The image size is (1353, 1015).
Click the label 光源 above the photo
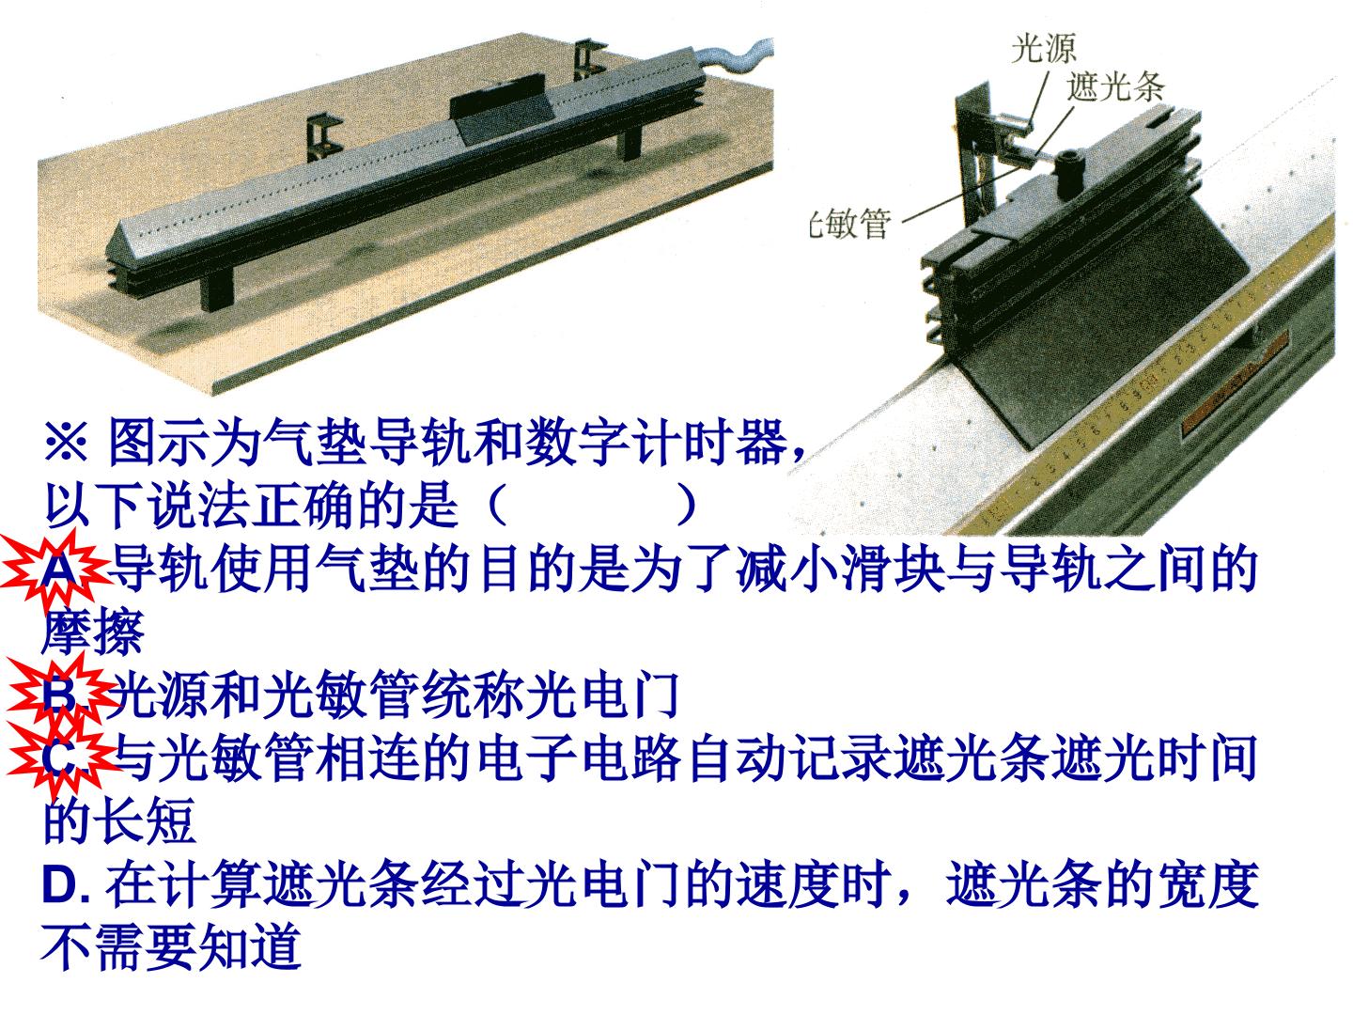[x=1043, y=47]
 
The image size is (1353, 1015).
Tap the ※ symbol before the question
[x=66, y=443]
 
